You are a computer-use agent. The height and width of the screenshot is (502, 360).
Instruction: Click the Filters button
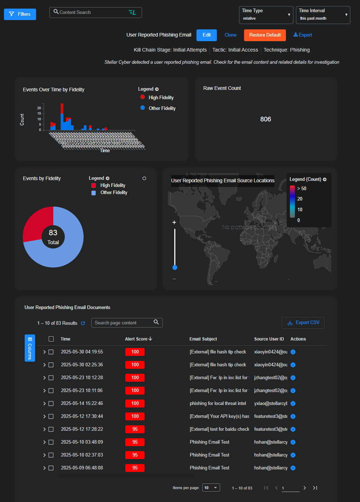pyautogui.click(x=20, y=14)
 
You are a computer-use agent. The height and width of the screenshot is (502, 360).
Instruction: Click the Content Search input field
pyautogui.click(x=93, y=13)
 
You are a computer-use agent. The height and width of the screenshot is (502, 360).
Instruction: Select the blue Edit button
pyautogui.click(x=206, y=35)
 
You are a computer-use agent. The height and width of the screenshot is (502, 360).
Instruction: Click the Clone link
pyautogui.click(x=230, y=35)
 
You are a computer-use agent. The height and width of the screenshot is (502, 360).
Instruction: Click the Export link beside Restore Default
pyautogui.click(x=303, y=35)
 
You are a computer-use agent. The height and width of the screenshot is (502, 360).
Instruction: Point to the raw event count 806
pyautogui.click(x=266, y=119)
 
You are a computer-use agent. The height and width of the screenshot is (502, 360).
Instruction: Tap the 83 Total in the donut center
pyautogui.click(x=53, y=237)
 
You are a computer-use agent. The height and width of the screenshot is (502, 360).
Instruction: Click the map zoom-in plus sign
pyautogui.click(x=174, y=222)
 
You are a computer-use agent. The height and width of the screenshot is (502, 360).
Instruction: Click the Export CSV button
pyautogui.click(x=303, y=323)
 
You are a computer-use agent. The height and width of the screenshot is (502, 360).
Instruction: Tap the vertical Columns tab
pyautogui.click(x=30, y=348)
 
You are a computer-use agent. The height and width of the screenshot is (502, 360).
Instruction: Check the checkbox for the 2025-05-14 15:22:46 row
pyautogui.click(x=51, y=404)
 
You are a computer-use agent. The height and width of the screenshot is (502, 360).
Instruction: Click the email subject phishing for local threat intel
pyautogui.click(x=218, y=404)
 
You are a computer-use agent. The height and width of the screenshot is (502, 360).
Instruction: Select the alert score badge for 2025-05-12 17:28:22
pyautogui.click(x=135, y=429)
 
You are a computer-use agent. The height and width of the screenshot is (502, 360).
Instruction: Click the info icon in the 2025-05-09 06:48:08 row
pyautogui.click(x=293, y=468)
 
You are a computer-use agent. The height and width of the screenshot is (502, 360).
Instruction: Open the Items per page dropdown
pyautogui.click(x=211, y=488)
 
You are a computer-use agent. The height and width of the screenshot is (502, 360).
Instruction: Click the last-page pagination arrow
pyautogui.click(x=315, y=488)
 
